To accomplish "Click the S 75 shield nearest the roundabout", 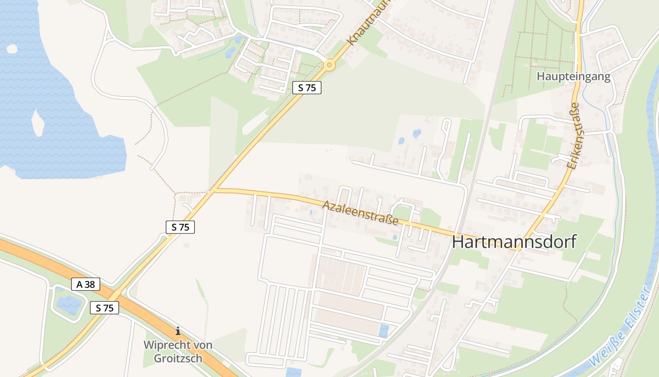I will pyautogui.click(x=306, y=87).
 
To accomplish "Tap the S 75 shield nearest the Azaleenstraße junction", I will pyautogui.click(x=180, y=227).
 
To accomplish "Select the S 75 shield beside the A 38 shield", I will pyautogui.click(x=104, y=308).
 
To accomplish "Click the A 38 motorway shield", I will pyautogui.click(x=86, y=284).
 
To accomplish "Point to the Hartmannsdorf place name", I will pyautogui.click(x=514, y=242).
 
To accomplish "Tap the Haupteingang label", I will pyautogui.click(x=574, y=76).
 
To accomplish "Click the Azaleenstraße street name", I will pyautogui.click(x=361, y=212).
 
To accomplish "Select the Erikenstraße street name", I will pyautogui.click(x=572, y=137).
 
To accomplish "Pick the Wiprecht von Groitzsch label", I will pyautogui.click(x=178, y=352).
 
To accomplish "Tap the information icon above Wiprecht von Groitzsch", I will pyautogui.click(x=178, y=331).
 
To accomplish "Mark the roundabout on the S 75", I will pyautogui.click(x=329, y=65).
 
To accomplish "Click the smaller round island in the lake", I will pyautogui.click(x=12, y=49).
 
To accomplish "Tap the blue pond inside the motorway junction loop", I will pyautogui.click(x=69, y=304).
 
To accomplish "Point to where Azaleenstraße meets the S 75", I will pyautogui.click(x=214, y=190).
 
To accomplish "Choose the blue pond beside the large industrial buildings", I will pyautogui.click(x=384, y=330).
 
